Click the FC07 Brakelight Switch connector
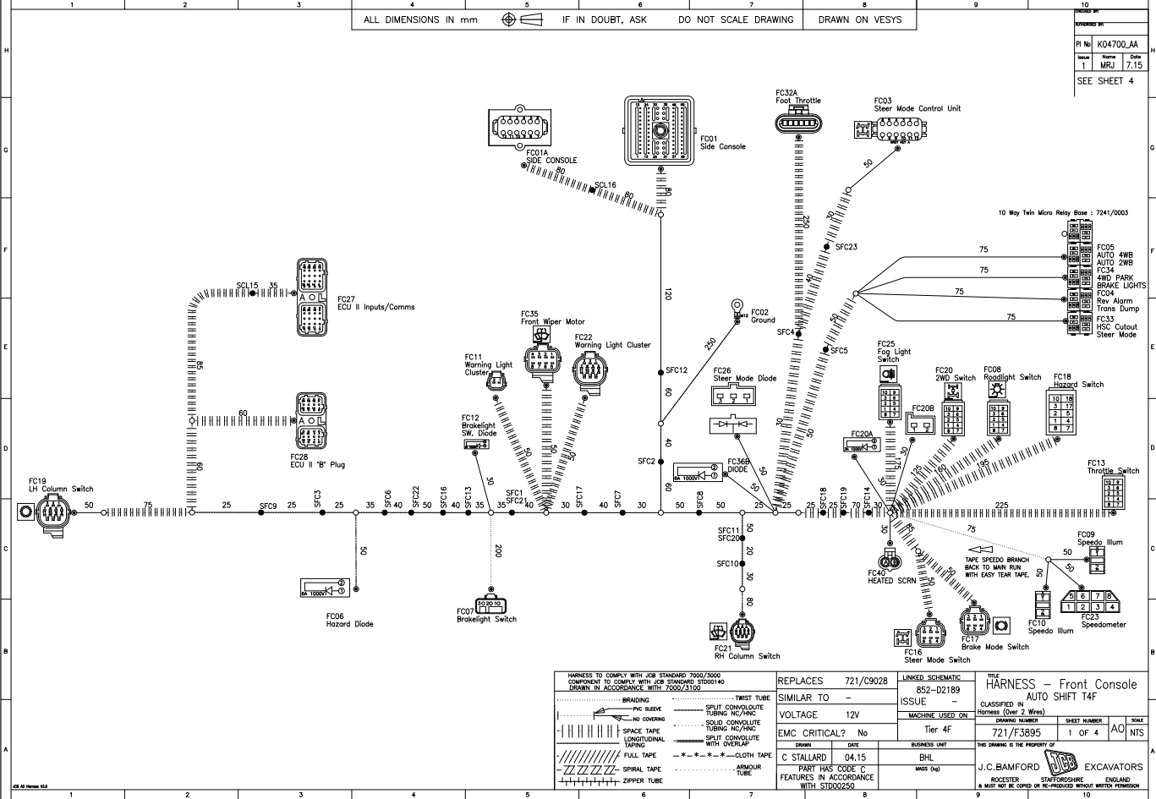point(490,603)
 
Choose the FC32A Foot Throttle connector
point(797,123)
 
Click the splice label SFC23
point(846,247)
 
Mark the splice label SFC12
point(677,370)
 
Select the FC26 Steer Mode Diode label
point(744,374)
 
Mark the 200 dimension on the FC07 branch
point(498,550)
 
